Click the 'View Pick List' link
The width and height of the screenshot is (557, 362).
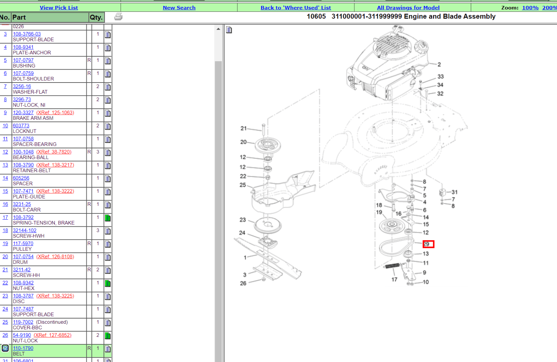59,8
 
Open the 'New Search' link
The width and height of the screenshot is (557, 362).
179,8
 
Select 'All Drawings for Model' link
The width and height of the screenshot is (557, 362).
408,8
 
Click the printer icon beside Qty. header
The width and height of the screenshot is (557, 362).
118,16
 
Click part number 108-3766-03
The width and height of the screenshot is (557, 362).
27,34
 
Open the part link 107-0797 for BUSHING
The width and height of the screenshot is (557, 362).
23,60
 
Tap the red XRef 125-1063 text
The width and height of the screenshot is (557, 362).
55,113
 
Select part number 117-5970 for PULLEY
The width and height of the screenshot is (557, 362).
23,244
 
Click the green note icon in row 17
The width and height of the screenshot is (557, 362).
108,218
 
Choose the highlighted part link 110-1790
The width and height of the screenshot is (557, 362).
23,348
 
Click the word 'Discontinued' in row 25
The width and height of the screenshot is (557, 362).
52,322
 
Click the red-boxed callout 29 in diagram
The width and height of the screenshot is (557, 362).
428,244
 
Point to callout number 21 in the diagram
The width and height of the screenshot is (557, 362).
244,128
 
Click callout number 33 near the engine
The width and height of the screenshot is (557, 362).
441,77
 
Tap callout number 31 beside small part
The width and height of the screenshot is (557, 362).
455,192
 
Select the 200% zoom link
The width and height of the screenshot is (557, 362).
549,8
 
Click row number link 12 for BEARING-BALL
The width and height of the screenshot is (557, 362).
5,152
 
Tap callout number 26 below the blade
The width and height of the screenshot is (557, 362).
243,283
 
